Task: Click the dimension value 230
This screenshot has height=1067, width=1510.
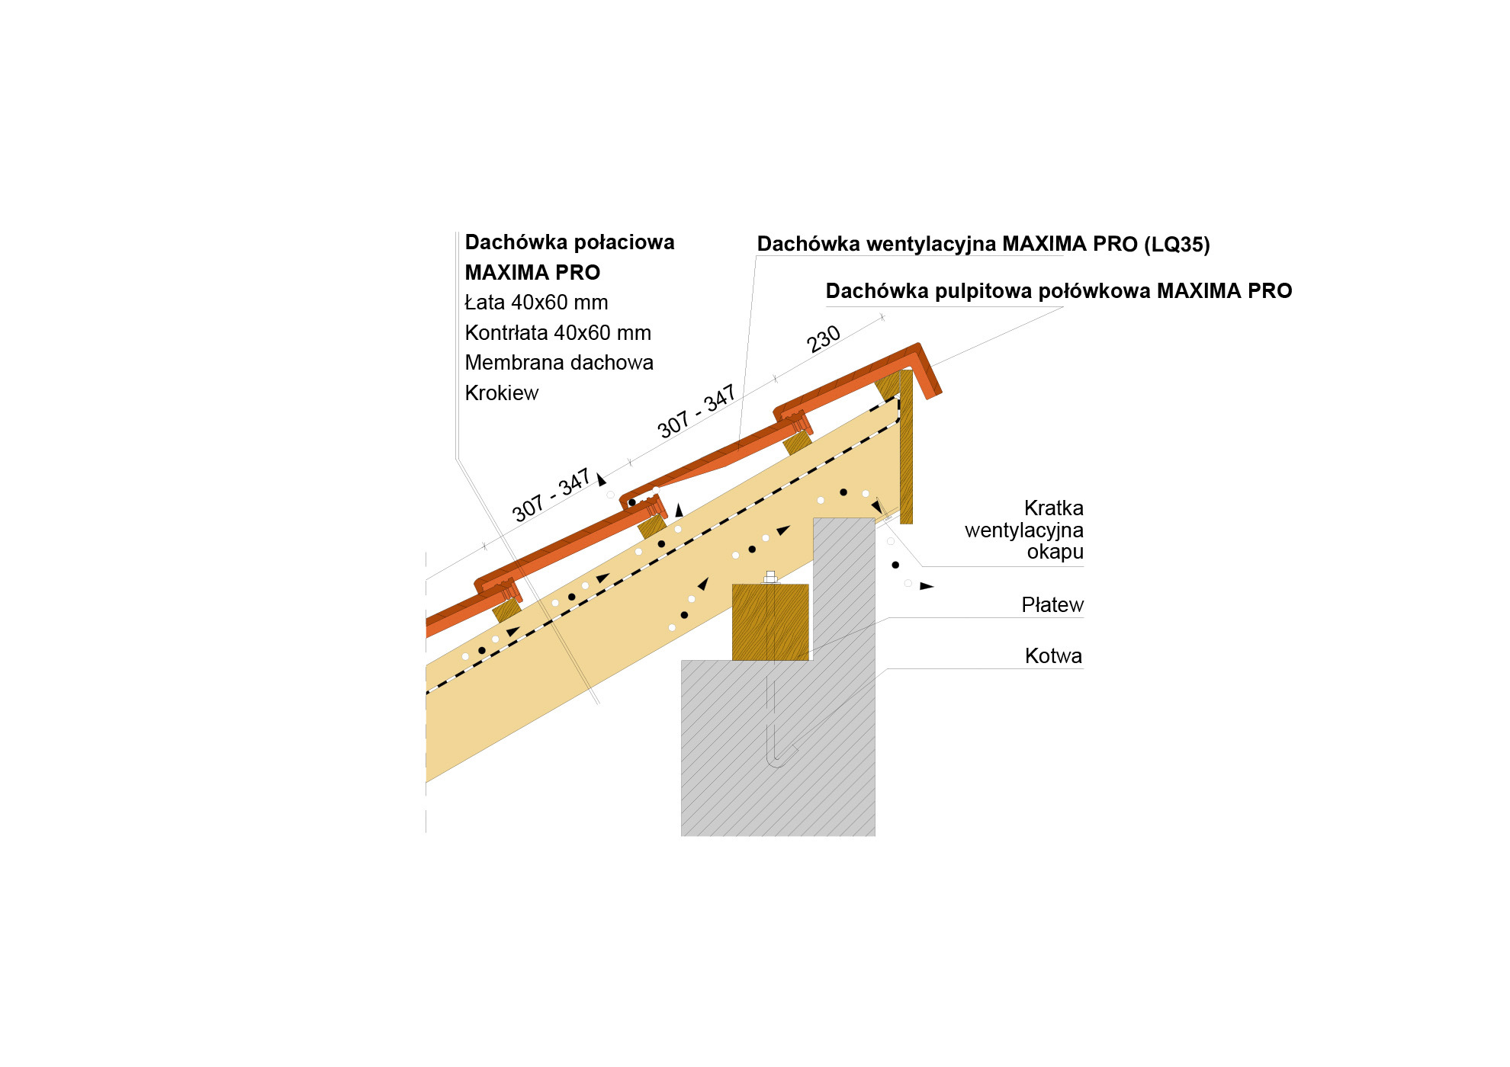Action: coord(824,339)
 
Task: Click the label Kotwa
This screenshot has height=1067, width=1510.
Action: coord(1053,655)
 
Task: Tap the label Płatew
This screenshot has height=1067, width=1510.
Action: coord(1052,605)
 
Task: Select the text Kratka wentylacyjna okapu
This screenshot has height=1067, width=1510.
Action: coord(1024,530)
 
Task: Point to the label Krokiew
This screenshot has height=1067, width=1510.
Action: coord(502,393)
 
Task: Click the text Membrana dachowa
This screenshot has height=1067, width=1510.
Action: coord(559,363)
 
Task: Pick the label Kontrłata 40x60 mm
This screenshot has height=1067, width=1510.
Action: coord(558,333)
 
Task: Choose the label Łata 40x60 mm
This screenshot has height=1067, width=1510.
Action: coord(536,303)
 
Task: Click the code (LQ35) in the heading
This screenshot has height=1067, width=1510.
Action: coord(1177,245)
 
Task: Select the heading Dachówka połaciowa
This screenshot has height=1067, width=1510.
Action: coord(570,242)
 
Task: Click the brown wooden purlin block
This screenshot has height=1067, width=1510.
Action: coord(770,622)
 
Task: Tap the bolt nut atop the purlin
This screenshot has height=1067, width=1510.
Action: coord(770,577)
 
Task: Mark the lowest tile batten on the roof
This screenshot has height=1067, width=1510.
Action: coord(506,610)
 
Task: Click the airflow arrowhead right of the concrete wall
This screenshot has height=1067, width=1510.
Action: coord(927,586)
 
